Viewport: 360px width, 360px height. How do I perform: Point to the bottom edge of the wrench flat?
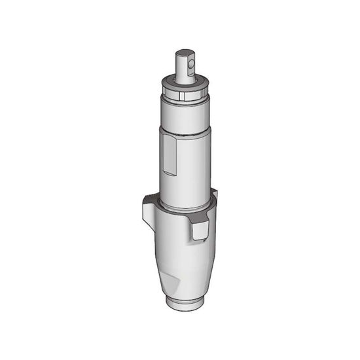point(169,174)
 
